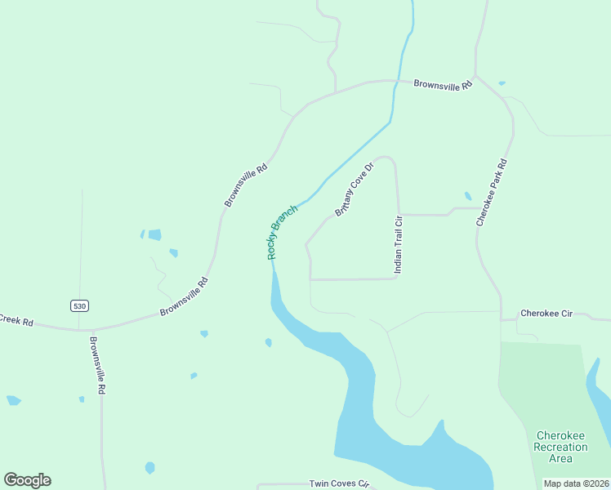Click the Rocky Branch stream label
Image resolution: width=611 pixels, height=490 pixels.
point(282,232)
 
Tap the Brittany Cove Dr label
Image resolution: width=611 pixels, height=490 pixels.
point(354,189)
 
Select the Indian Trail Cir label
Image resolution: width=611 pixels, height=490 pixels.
point(399,244)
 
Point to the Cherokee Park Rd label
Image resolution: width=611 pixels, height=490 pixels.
point(492,193)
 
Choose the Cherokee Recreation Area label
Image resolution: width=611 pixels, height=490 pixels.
point(560,447)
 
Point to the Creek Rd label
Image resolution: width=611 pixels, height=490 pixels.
point(16,321)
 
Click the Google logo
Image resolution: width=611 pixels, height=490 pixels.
point(27,480)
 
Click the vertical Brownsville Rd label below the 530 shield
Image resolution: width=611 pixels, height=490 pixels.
point(97,366)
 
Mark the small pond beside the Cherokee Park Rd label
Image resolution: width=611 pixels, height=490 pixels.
point(468,197)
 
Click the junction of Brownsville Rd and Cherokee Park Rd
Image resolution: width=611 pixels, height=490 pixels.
point(475,77)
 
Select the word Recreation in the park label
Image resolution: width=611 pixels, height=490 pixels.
point(560,447)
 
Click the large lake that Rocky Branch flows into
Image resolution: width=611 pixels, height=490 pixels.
point(392,441)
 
